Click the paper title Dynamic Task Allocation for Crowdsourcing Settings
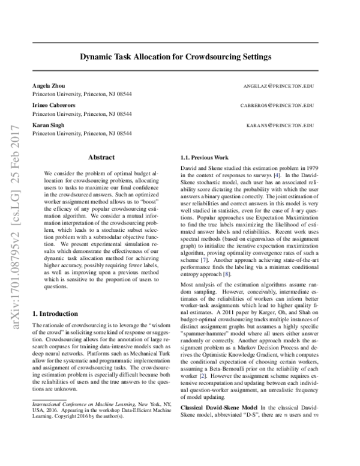coord(179,58)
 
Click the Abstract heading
coord(101,157)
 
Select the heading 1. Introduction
coord(55,313)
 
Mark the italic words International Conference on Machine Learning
coord(78,422)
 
